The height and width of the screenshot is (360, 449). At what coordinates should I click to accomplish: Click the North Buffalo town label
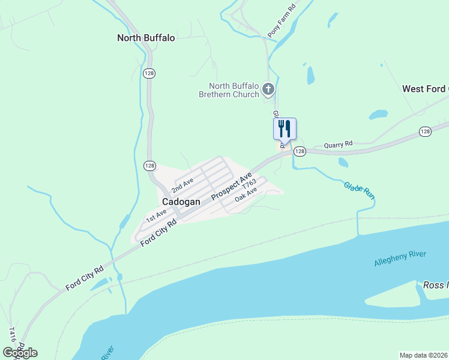pyautogui.click(x=146, y=38)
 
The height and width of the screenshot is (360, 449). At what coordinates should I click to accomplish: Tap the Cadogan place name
pyautogui.click(x=181, y=202)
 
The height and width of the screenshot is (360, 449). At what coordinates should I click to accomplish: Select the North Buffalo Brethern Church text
pyautogui.click(x=234, y=90)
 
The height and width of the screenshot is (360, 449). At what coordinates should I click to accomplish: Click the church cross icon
pyautogui.click(x=268, y=90)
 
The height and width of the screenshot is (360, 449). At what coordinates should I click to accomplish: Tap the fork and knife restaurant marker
pyautogui.click(x=285, y=128)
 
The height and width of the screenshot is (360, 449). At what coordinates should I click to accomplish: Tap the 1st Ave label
pyautogui.click(x=157, y=215)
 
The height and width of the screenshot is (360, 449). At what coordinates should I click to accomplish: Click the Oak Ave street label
pyautogui.click(x=246, y=194)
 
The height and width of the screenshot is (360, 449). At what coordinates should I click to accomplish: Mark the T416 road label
pyautogui.click(x=13, y=334)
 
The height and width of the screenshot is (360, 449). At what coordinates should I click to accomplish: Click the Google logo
pyautogui.click(x=20, y=353)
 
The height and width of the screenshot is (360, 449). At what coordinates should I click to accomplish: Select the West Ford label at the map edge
pyautogui.click(x=425, y=89)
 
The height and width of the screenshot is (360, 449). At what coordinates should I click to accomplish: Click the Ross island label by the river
pyautogui.click(x=436, y=286)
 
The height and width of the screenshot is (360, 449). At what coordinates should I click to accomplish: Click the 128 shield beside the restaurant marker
pyautogui.click(x=300, y=152)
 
